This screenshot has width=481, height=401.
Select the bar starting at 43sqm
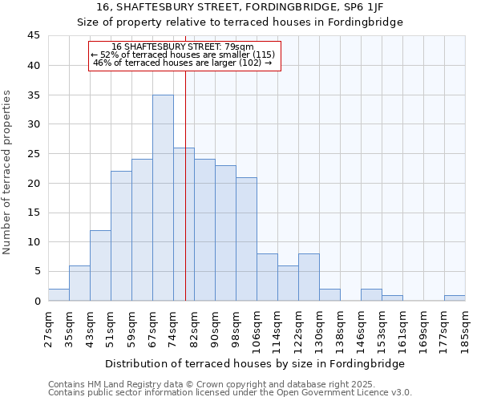point(100,265)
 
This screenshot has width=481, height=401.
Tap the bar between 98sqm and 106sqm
point(246,239)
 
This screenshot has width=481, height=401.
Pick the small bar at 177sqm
point(455,298)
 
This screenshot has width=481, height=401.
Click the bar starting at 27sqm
point(59,294)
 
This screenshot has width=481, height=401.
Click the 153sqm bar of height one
point(392,298)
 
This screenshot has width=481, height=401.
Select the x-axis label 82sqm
point(194,328)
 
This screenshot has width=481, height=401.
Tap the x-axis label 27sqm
point(48,328)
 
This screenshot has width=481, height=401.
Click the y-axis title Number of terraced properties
point(7,172)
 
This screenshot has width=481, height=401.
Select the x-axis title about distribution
point(254,363)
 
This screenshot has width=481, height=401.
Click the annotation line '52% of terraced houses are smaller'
point(184,55)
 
